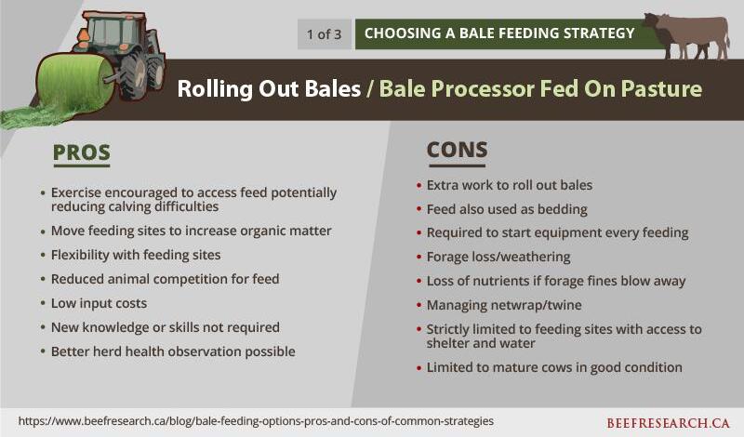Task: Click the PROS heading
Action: (x=81, y=152)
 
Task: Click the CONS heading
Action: (x=457, y=150)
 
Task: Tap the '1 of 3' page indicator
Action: (x=324, y=34)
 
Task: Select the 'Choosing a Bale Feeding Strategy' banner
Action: (x=499, y=33)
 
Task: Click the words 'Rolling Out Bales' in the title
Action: (x=269, y=88)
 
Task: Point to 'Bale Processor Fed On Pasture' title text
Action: (x=540, y=88)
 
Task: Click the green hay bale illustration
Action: (x=76, y=82)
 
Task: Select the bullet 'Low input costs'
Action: (x=99, y=303)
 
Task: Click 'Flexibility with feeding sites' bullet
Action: (x=136, y=255)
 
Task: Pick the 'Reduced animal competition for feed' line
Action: (x=166, y=279)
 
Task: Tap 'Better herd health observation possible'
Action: (x=173, y=351)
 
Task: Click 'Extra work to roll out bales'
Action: (x=509, y=185)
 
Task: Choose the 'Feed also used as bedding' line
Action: (x=507, y=209)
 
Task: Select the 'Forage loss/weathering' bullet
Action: (x=498, y=257)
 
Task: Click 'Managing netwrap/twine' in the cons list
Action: (x=504, y=305)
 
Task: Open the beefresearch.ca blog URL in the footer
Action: (x=256, y=421)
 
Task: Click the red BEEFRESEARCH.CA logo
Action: (x=668, y=423)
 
